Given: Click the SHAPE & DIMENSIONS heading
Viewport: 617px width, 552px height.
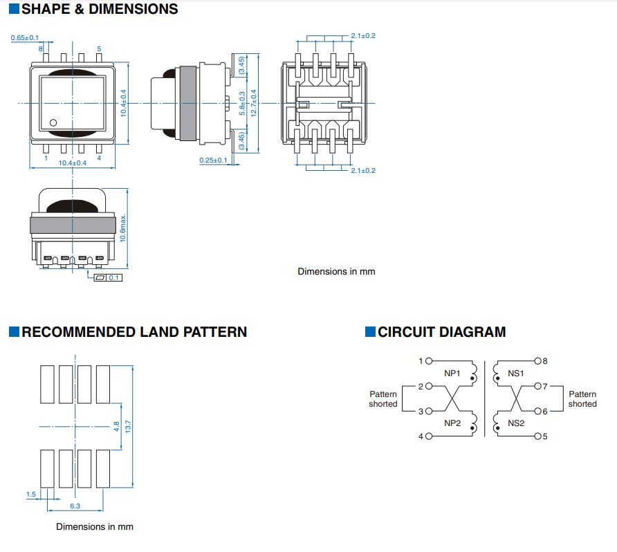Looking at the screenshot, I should coord(99,10).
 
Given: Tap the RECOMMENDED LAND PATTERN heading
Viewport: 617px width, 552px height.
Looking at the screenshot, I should coord(133,332).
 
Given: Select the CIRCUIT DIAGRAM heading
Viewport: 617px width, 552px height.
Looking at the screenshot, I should coord(441,332).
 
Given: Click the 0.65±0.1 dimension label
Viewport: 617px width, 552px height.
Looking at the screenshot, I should coord(25,37).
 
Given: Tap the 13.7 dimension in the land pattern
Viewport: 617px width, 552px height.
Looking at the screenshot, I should coord(128,427).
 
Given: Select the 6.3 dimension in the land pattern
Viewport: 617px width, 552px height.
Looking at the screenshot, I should coord(75,506).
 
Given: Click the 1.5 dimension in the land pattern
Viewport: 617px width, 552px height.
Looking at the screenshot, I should coord(30,494).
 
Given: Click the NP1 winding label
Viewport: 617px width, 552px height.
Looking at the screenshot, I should coord(452,373).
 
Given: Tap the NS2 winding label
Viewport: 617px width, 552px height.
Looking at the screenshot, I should coord(516,423).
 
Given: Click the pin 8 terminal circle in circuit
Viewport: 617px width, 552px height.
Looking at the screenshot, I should coord(537,361).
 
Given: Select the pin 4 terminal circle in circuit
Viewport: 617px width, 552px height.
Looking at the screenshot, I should coord(428,436).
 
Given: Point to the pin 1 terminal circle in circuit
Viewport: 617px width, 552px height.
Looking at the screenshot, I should coord(428,361).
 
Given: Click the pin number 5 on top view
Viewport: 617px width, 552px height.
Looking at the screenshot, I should coord(99,48).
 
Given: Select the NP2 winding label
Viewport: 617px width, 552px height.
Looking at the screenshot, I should coord(452,423).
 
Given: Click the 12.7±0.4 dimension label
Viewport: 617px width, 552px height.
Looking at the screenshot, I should coord(254,103).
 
